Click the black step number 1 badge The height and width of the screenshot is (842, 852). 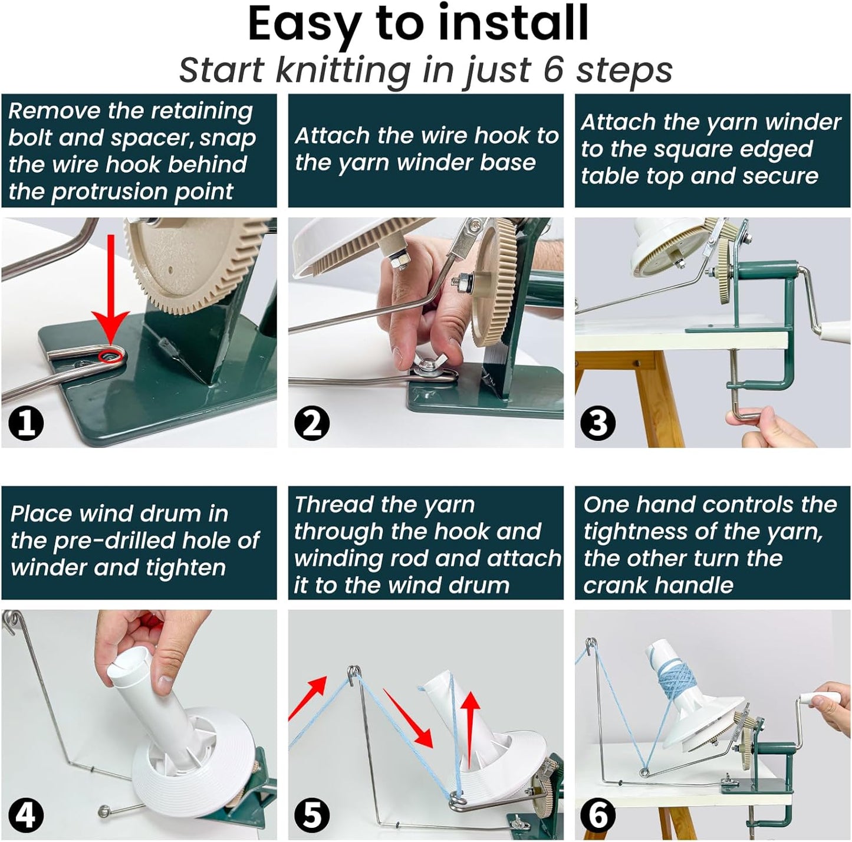(25, 423)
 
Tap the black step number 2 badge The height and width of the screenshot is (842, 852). (312, 423)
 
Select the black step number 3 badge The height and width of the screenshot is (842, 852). (598, 423)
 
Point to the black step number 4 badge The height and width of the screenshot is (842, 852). (25, 815)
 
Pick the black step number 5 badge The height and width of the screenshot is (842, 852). (312, 815)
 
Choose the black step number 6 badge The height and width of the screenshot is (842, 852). (598, 815)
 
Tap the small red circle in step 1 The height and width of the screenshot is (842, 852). (110, 355)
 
